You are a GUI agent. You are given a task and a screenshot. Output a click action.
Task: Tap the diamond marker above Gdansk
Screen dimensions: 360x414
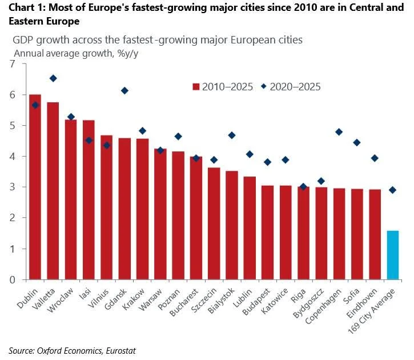(x=124, y=91)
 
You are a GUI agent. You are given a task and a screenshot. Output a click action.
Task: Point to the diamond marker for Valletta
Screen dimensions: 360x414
(x=53, y=78)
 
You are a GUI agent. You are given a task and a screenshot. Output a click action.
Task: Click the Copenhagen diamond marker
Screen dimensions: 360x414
(x=339, y=132)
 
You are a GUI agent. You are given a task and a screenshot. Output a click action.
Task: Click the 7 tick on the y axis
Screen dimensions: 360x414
(x=12, y=63)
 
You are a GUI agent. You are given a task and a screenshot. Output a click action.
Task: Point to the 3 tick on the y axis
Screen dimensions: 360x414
(x=12, y=187)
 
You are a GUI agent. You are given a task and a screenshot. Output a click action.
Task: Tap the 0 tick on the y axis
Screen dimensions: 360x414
(x=12, y=279)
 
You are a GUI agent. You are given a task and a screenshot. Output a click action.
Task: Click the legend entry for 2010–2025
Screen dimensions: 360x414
(x=223, y=87)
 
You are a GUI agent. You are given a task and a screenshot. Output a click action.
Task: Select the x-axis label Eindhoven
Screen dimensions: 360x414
(x=366, y=298)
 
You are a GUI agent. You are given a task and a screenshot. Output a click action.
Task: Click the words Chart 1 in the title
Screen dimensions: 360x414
(x=25, y=8)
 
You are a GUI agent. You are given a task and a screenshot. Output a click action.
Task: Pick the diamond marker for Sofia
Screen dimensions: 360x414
(x=357, y=142)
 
